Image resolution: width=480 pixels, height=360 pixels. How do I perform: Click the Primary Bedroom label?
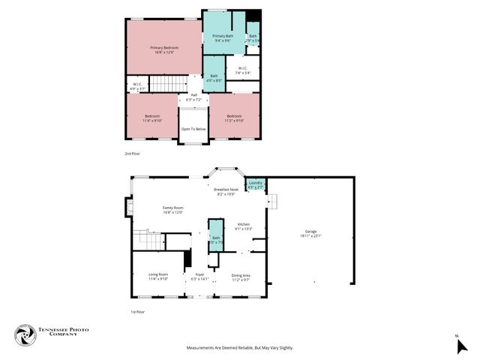pos(163,49)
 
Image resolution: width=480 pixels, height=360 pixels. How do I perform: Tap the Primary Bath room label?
pos(223,37)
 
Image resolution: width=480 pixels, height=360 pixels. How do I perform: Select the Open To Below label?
pos(193,129)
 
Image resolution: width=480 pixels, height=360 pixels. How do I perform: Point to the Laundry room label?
pos(256,184)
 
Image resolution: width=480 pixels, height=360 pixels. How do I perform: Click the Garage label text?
pos(310,234)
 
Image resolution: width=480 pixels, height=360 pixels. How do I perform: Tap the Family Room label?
pos(173,210)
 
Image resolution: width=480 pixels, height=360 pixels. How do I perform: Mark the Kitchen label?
pos(244,226)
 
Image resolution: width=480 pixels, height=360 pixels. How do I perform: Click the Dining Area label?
pos(241,277)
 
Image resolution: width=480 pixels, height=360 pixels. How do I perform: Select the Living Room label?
pos(158,277)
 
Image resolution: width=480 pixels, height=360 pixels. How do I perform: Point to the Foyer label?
pos(200,277)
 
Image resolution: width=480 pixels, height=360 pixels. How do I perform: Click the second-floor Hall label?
pos(193,97)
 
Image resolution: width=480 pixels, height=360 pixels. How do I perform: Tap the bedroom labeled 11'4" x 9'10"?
pos(152,118)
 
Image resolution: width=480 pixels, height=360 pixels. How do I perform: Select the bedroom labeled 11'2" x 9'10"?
pos(235,118)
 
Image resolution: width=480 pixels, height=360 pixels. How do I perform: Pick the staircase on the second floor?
pos(169,83)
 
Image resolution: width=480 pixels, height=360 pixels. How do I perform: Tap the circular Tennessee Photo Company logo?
pos(26,335)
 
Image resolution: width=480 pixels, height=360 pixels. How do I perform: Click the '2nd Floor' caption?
pos(132,153)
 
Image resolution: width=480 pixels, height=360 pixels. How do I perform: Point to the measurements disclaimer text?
pos(239,348)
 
